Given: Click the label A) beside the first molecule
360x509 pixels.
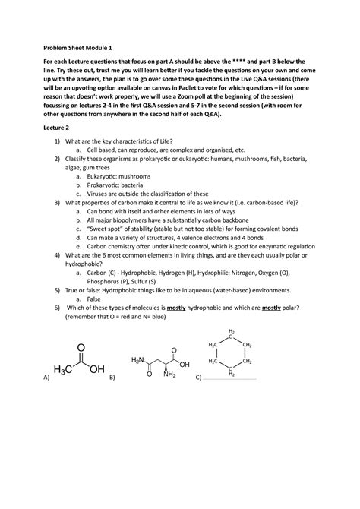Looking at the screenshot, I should [46, 377].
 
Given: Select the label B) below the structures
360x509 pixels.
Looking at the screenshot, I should [112, 377].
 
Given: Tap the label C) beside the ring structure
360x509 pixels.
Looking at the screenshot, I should [198, 377].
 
